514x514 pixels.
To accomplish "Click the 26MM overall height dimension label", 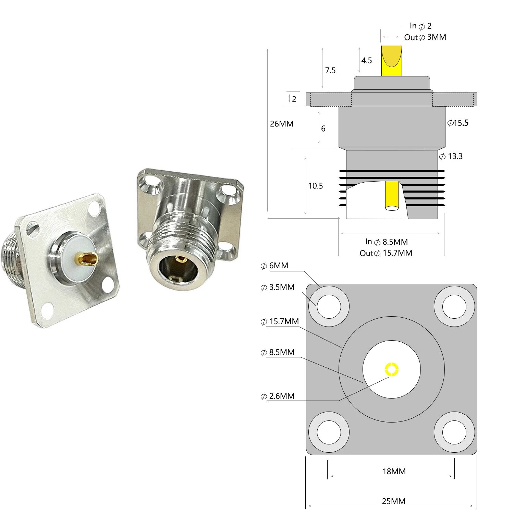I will click(x=281, y=124).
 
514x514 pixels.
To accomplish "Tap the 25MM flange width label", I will click(x=393, y=501).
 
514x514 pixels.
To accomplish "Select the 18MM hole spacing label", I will click(x=394, y=472).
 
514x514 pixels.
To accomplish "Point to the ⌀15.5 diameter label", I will click(x=458, y=123).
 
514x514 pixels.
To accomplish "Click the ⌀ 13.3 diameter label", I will click(x=451, y=156).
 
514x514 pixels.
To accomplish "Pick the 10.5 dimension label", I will click(x=315, y=186).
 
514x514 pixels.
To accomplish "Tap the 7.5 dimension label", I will click(x=330, y=70).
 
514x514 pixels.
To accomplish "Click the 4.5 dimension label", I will click(x=366, y=60).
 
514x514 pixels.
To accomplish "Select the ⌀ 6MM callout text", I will click(x=274, y=266).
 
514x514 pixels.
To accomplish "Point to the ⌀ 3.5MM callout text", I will click(x=278, y=287).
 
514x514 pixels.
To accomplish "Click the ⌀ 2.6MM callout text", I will click(x=278, y=396).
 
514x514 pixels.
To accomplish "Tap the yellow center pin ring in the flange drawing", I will click(x=392, y=369).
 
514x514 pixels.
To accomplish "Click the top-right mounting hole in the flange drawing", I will click(x=454, y=306).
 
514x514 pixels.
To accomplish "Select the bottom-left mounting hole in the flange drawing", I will click(x=329, y=432).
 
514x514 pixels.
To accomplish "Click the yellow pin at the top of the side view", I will click(x=391, y=61).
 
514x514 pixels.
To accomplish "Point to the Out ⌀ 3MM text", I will click(x=425, y=37).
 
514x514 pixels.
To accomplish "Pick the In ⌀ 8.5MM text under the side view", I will click(x=386, y=242).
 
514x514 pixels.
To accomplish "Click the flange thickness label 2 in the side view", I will click(x=294, y=99).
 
